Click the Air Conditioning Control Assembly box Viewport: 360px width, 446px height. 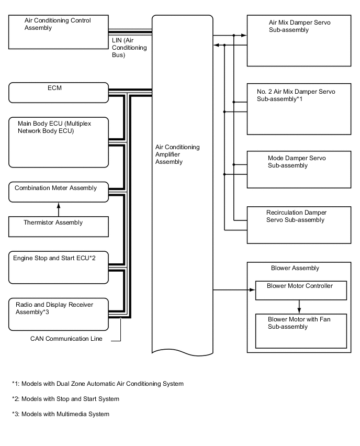click(58, 32)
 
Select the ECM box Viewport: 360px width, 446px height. click(58, 93)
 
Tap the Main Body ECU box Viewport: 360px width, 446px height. click(58, 142)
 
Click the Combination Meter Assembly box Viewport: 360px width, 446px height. click(58, 192)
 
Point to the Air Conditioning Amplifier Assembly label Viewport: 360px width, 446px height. click(177, 154)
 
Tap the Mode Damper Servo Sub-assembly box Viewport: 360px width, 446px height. click(299, 170)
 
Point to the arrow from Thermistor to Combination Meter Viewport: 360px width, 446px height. click(59, 208)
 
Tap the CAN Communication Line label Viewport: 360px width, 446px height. click(66, 339)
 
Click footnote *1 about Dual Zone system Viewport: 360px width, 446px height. click(98, 384)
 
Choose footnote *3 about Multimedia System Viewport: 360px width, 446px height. click(61, 414)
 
